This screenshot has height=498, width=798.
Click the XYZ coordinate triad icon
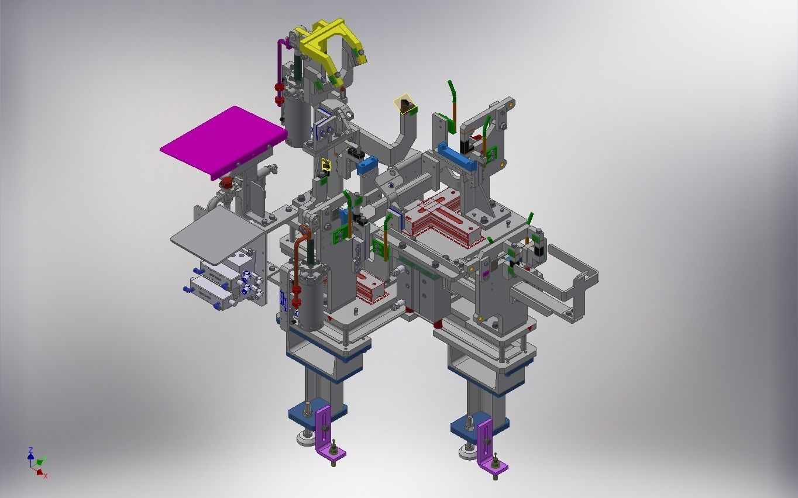point(37,462)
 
